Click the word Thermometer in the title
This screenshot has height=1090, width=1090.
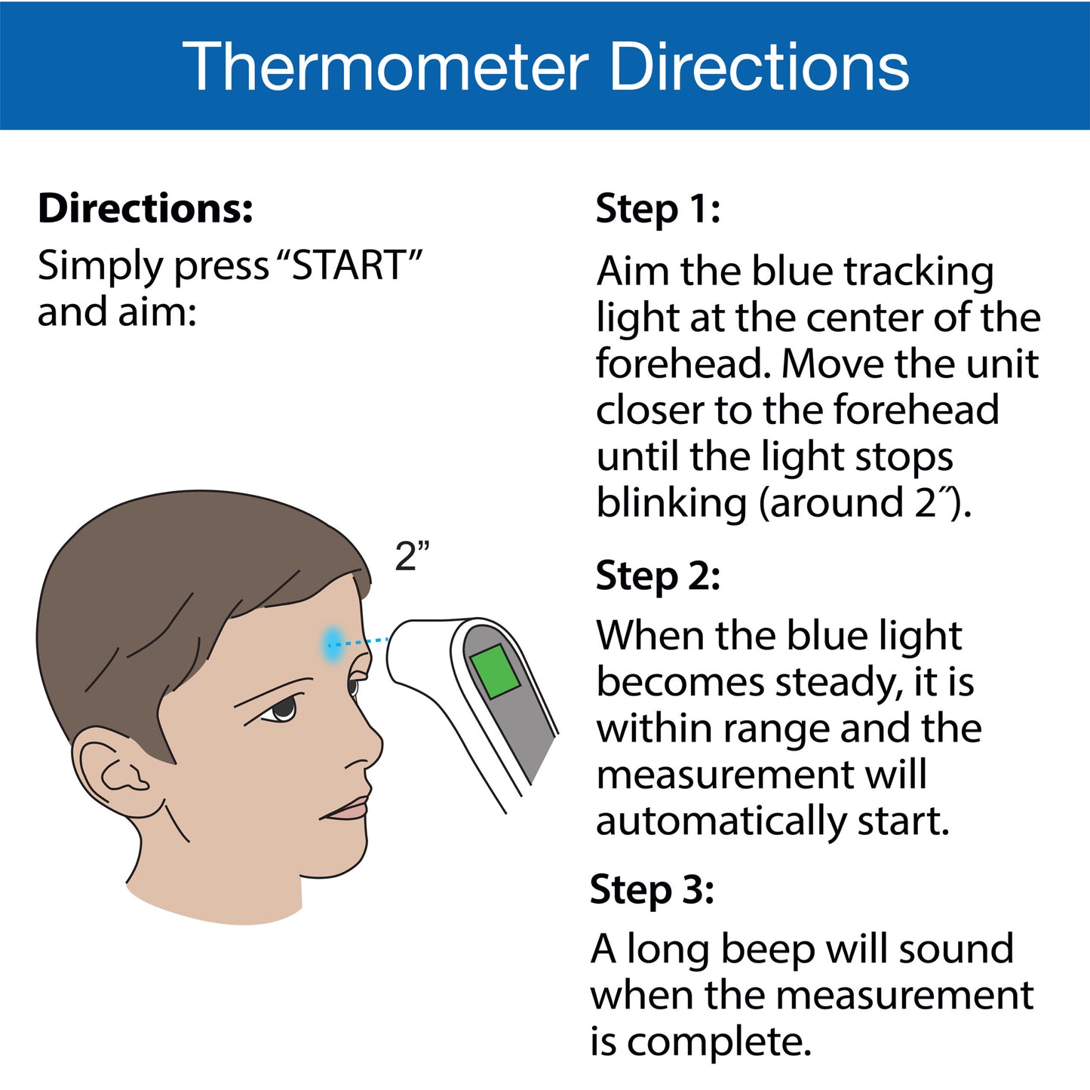[385, 66]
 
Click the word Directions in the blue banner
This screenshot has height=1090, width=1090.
[760, 66]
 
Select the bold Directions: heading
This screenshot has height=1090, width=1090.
[146, 207]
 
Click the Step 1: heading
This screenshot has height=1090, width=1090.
[658, 209]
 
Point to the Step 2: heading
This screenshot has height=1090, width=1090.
[658, 576]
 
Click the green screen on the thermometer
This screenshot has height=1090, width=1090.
[495, 671]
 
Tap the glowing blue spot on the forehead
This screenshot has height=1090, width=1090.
[333, 643]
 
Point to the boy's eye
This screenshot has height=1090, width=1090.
[283, 708]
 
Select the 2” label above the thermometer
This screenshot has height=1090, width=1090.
[411, 557]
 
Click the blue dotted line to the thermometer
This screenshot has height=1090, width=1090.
[359, 642]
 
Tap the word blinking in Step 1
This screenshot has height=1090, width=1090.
[671, 503]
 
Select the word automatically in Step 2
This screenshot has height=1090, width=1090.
[720, 821]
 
